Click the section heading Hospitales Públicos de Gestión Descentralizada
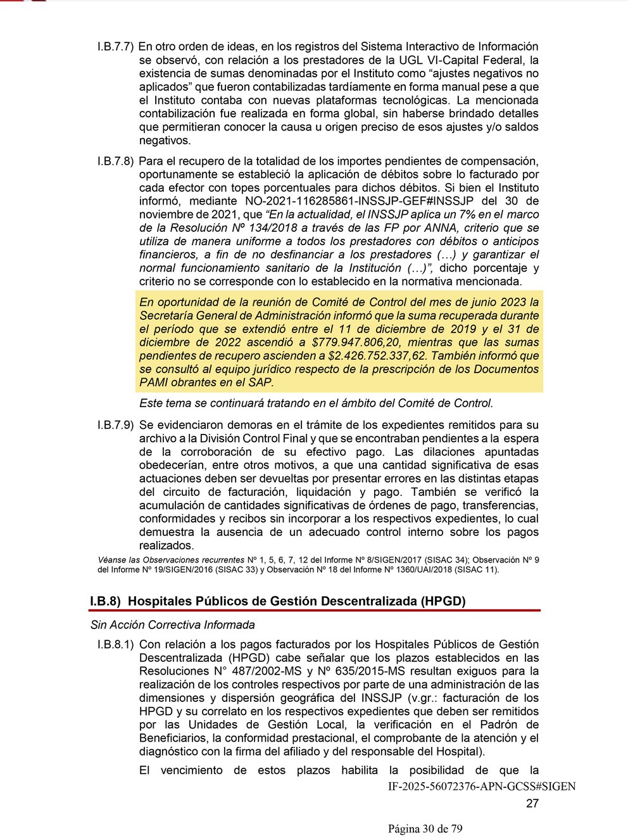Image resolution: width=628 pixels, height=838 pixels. pyautogui.click(x=296, y=601)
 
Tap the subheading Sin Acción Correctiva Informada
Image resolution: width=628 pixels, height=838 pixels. pyautogui.click(x=172, y=625)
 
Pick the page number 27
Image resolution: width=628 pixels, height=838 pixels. pyautogui.click(x=532, y=804)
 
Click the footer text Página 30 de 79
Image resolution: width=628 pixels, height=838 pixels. pyautogui.click(x=425, y=829)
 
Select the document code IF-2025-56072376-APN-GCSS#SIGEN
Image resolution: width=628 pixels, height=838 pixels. pyautogui.click(x=482, y=787)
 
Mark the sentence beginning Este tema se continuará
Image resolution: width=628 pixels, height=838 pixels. pyautogui.click(x=316, y=403)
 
